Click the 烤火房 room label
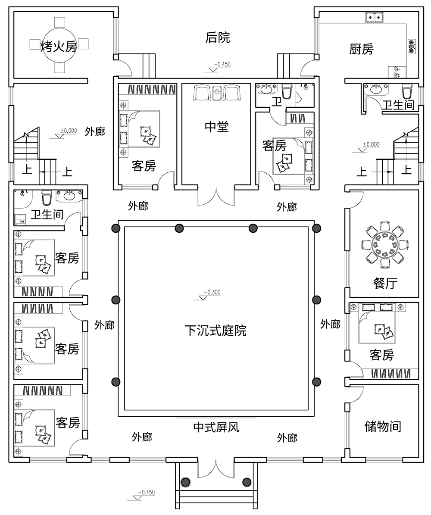coord(59,46)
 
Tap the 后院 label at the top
coord(218,38)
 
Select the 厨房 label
coord(361,50)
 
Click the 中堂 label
coord(217,127)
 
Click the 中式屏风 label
coord(216,428)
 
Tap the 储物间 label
coord(383,427)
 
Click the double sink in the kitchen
coord(375,18)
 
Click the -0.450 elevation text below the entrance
coord(146,492)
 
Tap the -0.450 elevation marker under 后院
coord(223,65)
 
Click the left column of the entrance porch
coord(185,482)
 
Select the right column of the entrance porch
coord(247,482)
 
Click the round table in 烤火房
coord(59,45)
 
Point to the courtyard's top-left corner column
coord(116,228)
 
